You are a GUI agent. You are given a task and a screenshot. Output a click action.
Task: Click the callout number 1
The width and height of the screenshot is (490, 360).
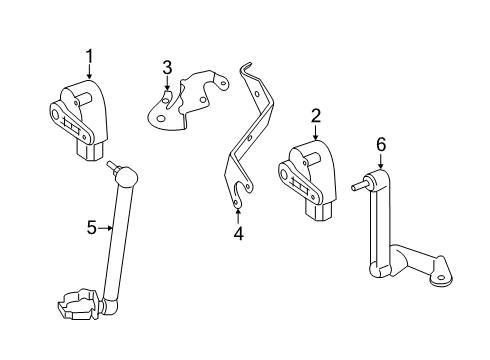click(x=89, y=58)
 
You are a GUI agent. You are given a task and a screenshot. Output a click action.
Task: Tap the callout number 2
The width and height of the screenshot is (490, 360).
click(x=315, y=117)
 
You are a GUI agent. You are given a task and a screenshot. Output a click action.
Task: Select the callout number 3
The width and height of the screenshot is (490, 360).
click(x=168, y=67)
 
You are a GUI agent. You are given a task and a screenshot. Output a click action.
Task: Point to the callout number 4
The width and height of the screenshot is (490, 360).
click(x=238, y=234)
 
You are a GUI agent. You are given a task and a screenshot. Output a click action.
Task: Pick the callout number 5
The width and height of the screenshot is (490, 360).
click(x=91, y=229)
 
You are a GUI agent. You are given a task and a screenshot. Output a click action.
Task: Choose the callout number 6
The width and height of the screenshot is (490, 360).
click(x=380, y=145)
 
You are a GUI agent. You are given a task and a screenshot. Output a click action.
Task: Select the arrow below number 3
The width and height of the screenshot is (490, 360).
click(x=168, y=84)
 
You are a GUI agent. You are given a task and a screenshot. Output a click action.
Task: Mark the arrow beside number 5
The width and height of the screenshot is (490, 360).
click(x=107, y=229)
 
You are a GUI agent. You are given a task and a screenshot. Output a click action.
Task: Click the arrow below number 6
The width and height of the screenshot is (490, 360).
click(x=380, y=163)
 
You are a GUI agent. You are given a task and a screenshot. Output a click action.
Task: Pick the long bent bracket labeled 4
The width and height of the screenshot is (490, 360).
click(x=250, y=140)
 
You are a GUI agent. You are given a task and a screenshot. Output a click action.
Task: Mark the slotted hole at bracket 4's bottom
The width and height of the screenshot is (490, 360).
click(x=237, y=194)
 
